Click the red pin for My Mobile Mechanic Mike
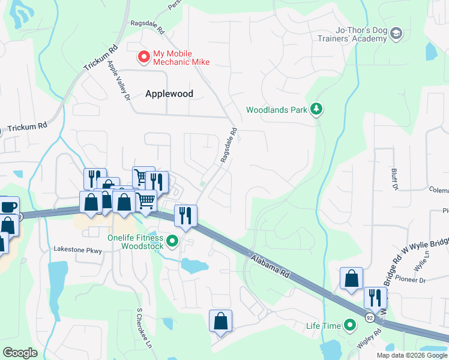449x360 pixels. click(144, 57)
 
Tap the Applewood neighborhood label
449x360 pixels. click(169, 94)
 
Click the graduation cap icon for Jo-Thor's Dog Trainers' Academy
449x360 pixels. click(396, 34)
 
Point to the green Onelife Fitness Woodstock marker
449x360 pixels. click(173, 241)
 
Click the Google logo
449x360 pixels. click(20, 353)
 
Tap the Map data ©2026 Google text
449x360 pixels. click(411, 355)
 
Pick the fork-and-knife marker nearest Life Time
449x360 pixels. click(375, 297)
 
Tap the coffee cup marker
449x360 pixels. click(8, 207)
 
